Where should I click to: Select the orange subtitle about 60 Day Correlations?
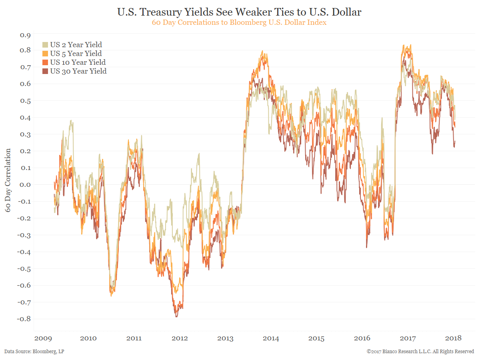(239, 22)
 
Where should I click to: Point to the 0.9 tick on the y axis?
(24, 35)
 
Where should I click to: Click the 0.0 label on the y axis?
(24, 185)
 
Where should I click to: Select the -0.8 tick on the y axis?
(23, 319)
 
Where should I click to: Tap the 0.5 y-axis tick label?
(24, 101)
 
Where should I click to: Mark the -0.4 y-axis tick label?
(23, 252)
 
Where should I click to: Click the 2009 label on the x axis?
(43, 338)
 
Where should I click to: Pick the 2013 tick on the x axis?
(225, 338)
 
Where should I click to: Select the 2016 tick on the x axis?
(362, 338)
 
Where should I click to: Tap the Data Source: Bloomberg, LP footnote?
(34, 352)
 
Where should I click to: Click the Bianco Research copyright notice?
(420, 352)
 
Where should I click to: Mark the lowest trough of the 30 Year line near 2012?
(176, 317)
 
